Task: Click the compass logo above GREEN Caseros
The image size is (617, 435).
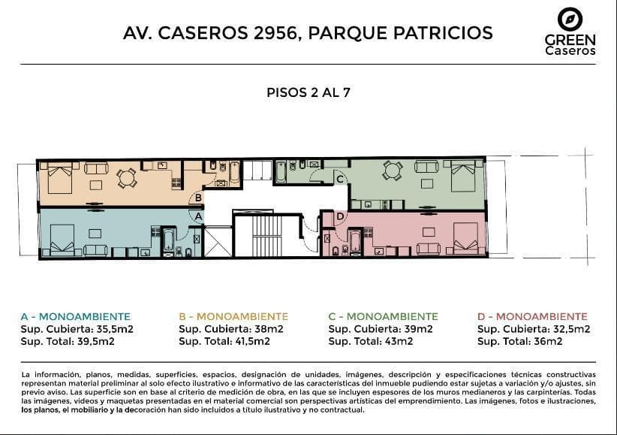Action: click(570, 19)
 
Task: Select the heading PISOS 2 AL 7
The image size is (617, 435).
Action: click(308, 92)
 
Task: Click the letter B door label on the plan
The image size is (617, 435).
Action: click(198, 198)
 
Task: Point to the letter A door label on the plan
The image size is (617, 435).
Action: click(198, 216)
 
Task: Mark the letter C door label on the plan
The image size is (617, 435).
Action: click(340, 180)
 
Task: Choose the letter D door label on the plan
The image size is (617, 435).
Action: click(340, 216)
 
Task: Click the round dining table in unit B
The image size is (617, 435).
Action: click(127, 179)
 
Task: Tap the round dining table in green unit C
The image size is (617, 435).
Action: click(393, 171)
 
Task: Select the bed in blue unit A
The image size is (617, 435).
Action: click(62, 240)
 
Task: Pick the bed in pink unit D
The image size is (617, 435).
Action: click(465, 238)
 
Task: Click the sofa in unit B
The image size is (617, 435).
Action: click(96, 168)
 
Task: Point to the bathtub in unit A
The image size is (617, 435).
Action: click(169, 240)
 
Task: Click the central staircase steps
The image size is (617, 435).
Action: click(267, 236)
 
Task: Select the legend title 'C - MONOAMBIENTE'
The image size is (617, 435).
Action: click(383, 316)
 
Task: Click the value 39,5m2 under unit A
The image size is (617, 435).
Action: click(95, 341)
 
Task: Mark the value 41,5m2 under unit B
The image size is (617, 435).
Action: click(252, 341)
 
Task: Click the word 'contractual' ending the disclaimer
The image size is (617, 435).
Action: click(342, 409)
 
